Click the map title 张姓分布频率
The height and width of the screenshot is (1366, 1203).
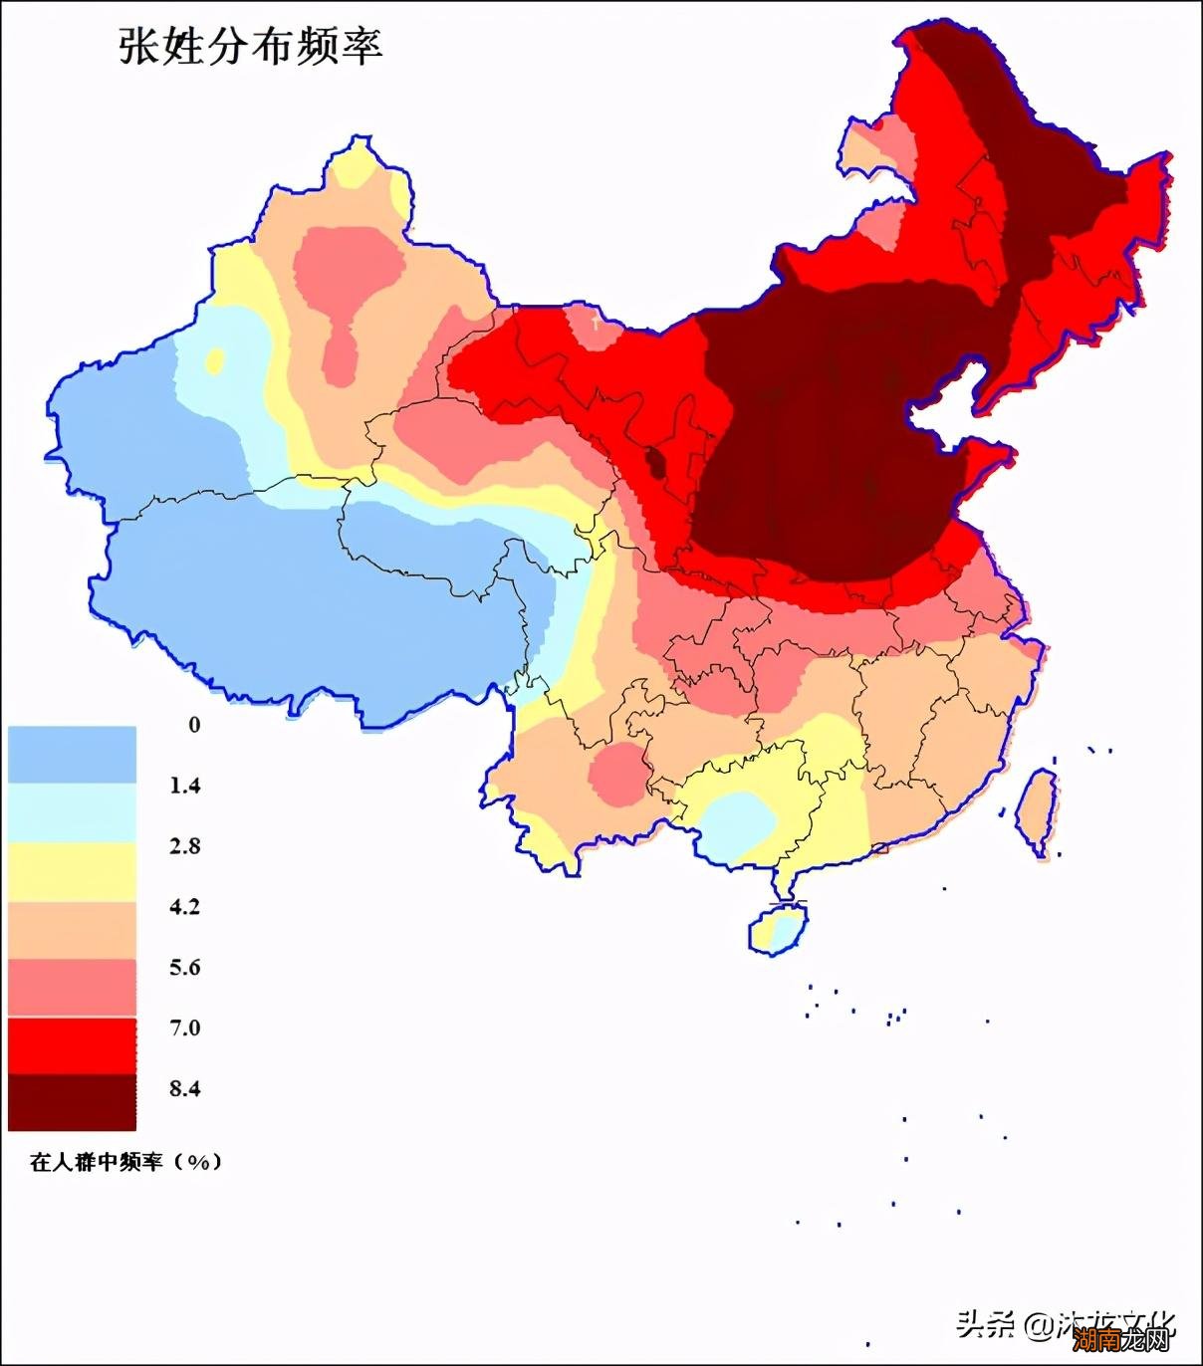point(250,47)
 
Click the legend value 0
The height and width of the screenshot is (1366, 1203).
point(194,725)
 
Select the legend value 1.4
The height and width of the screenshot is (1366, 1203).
point(184,786)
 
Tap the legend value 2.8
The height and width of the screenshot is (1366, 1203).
point(184,846)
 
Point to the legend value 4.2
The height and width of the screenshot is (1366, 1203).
point(184,907)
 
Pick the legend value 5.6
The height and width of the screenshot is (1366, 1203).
point(184,968)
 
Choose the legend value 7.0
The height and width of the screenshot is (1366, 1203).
point(184,1027)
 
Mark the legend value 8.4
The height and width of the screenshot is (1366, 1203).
point(184,1088)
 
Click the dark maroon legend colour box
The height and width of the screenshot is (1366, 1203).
point(72,1102)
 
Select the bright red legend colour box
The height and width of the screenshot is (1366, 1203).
point(72,1044)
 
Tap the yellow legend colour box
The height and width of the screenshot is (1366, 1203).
point(72,871)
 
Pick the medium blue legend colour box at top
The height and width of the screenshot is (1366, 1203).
point(72,755)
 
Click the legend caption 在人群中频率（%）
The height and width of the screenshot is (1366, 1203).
point(125,1162)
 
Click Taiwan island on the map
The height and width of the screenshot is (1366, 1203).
point(1036,812)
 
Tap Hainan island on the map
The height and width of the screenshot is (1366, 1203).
point(777,929)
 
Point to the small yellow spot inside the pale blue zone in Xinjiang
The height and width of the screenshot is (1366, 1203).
point(215,360)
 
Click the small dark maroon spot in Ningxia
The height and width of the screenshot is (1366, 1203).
point(657,463)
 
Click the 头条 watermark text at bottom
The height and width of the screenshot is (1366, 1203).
point(985,1323)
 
